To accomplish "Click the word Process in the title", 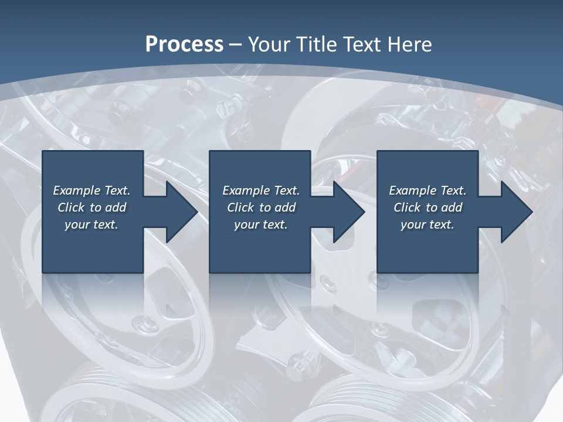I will click(184, 45).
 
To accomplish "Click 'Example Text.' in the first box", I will click(91, 190).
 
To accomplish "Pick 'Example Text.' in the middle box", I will click(261, 190).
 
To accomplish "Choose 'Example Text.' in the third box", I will click(428, 190).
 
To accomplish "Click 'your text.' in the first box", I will click(91, 224).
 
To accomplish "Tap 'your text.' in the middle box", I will click(261, 224).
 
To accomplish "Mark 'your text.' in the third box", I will click(428, 224).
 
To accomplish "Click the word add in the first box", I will click(116, 207).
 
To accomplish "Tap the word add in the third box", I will click(452, 207).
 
